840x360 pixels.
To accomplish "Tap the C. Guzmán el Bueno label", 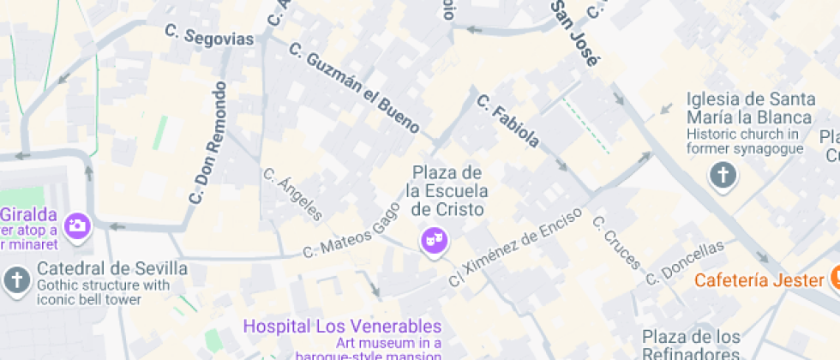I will [x=354, y=88].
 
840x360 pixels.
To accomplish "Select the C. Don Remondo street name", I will [x=207, y=142].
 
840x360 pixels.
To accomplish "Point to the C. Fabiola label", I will [x=508, y=120].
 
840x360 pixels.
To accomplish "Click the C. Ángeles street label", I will [x=293, y=195].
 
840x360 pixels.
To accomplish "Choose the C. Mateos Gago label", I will [x=351, y=231].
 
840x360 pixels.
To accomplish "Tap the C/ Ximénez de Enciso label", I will [x=516, y=246].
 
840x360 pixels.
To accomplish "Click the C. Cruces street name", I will [x=616, y=242].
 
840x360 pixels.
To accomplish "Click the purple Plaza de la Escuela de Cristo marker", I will [x=434, y=240].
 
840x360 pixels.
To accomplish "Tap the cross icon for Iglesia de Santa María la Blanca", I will [x=723, y=177].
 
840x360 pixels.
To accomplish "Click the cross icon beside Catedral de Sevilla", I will [x=16, y=279].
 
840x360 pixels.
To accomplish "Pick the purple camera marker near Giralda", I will [x=77, y=225].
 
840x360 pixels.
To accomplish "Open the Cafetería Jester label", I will [x=759, y=279].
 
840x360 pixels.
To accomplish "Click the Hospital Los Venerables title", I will [x=342, y=327].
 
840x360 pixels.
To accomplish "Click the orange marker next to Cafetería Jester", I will [x=834, y=277].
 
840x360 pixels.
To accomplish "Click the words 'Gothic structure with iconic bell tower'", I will [x=103, y=292].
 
